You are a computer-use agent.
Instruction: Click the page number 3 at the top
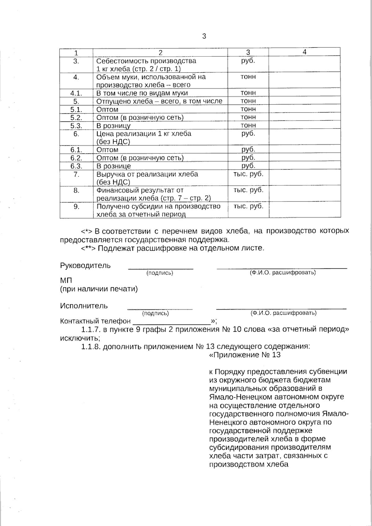click(x=204, y=36)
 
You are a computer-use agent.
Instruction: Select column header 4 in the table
click(x=304, y=52)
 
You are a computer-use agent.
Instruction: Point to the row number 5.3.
click(x=76, y=126)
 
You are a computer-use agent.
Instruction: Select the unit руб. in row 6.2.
click(x=248, y=158)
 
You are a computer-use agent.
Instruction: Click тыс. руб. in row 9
click(x=248, y=206)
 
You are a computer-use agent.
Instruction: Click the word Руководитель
click(x=85, y=266)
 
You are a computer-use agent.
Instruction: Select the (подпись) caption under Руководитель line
click(x=160, y=273)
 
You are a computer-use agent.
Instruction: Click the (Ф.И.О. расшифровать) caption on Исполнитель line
click(x=283, y=313)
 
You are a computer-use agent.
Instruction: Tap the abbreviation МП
click(x=66, y=281)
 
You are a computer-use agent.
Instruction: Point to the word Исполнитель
click(x=84, y=306)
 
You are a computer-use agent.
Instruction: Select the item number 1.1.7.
click(x=91, y=329)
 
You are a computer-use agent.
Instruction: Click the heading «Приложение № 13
click(x=245, y=355)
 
